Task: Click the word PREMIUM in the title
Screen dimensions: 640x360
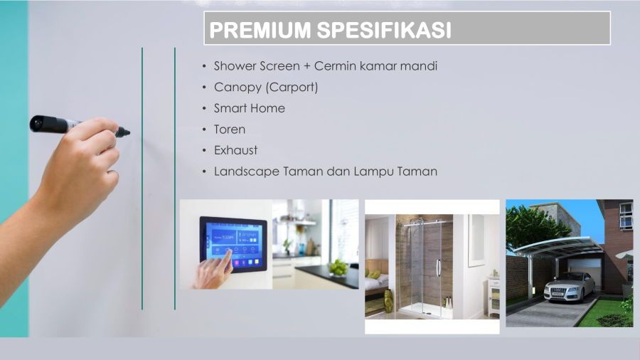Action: [x=260, y=30]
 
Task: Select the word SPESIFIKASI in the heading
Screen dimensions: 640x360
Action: [x=384, y=30]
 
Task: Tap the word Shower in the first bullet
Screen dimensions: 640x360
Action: [x=235, y=65]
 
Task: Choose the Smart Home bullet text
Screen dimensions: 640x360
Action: [x=250, y=108]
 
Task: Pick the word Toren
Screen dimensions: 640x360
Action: [x=230, y=129]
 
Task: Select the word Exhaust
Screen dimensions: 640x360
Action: [x=236, y=150]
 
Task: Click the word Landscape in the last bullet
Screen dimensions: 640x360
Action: [x=247, y=171]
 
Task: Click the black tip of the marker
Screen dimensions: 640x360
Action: [x=123, y=132]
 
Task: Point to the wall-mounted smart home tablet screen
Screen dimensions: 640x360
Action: [x=233, y=244]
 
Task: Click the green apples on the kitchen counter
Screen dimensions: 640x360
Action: [x=338, y=268]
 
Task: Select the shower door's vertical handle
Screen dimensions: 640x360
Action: [x=438, y=268]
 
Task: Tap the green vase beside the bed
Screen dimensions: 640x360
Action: [x=388, y=301]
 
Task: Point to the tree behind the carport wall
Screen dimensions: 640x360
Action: [x=535, y=227]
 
